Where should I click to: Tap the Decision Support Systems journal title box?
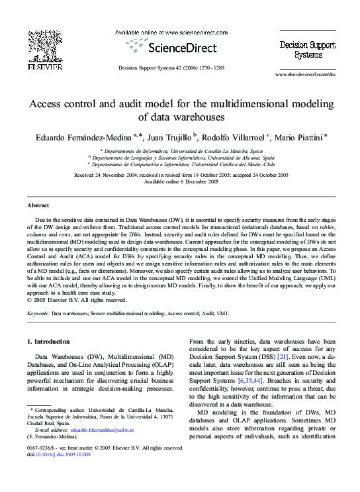[300, 46]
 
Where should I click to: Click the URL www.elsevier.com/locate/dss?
[305, 74]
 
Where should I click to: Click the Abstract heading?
[38, 206]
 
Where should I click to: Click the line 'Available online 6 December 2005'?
[181, 181]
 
